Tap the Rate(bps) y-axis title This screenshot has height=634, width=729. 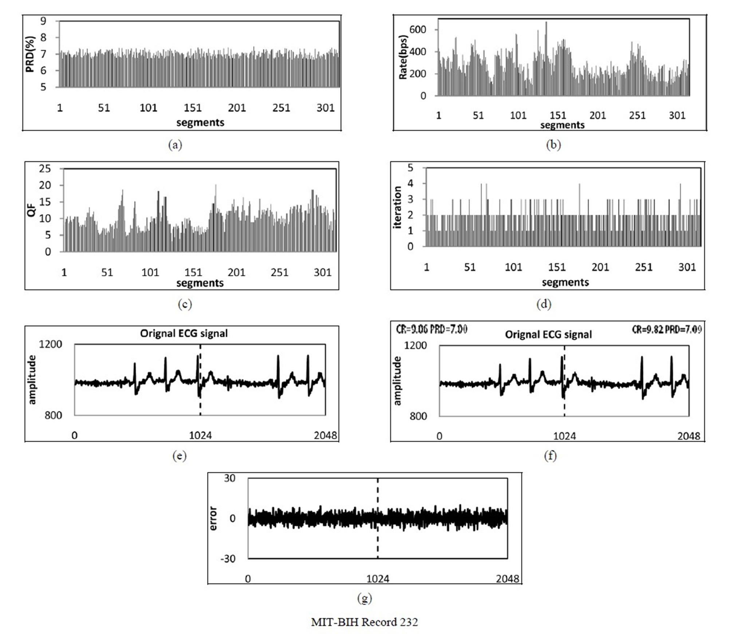coord(403,58)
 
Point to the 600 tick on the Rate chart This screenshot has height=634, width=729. coord(418,29)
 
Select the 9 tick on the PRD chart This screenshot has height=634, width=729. coord(43,21)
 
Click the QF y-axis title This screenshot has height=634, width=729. coord(32,210)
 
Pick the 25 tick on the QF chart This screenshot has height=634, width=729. coord(45,169)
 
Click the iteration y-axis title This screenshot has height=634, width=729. coord(397,207)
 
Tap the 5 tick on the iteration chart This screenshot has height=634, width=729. coord(410,168)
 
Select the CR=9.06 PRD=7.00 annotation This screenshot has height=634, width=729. coord(432,329)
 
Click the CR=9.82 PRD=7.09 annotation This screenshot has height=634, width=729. coord(666,329)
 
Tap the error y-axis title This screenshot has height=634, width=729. coord(213,518)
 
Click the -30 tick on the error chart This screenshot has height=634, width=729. coord(228,558)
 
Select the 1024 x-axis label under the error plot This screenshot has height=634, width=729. coord(378,579)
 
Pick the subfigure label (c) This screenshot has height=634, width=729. coord(185,304)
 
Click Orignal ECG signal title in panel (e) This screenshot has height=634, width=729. coord(184,333)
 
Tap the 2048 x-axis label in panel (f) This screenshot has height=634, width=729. coord(689,436)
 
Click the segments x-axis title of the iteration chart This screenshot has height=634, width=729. coord(565,282)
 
